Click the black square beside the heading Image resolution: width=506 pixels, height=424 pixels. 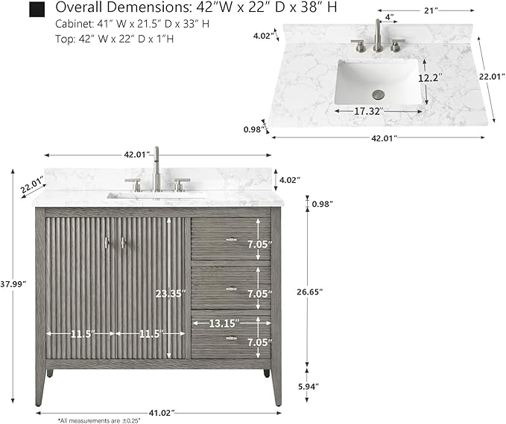click(x=37, y=10)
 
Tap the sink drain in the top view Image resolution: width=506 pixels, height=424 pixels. click(x=379, y=94)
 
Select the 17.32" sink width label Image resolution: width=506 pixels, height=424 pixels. click(x=369, y=111)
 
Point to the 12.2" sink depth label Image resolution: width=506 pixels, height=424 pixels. click(x=430, y=77)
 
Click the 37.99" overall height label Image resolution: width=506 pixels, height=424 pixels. click(x=13, y=284)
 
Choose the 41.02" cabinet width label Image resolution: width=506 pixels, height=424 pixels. click(x=162, y=412)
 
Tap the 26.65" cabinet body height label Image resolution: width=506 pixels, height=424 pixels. click(x=310, y=292)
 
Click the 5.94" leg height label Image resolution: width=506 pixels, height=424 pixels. click(x=308, y=386)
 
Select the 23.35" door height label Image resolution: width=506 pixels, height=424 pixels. click(x=171, y=294)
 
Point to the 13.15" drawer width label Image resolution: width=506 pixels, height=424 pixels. click(x=224, y=323)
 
